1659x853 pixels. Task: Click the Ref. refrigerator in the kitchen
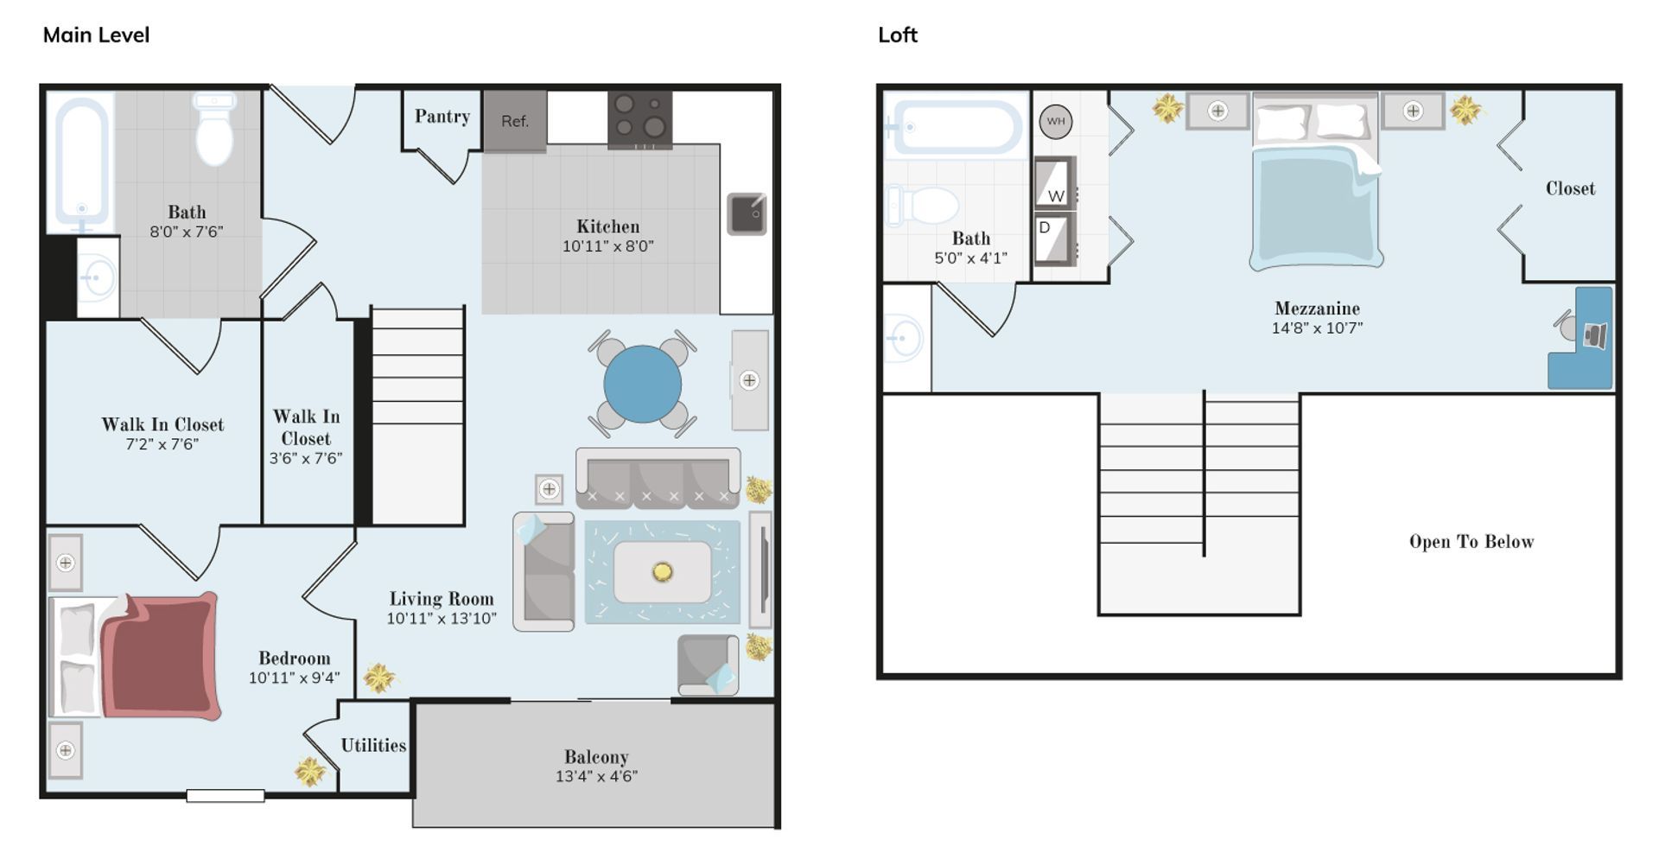tap(515, 121)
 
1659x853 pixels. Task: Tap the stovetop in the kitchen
tap(640, 119)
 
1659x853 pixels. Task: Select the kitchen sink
tap(747, 213)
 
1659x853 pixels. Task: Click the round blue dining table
tap(642, 384)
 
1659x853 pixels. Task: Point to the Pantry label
tap(442, 117)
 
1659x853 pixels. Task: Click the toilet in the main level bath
tap(214, 130)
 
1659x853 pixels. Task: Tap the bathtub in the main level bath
tap(82, 162)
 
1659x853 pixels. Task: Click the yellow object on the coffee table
tap(663, 571)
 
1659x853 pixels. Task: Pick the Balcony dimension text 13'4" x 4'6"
tap(596, 776)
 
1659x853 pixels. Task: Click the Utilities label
tap(373, 745)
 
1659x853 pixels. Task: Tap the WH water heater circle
tap(1056, 121)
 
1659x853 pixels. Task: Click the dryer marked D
tap(1055, 239)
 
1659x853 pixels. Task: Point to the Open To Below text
tap(1471, 542)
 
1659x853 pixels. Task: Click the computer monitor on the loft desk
tap(1595, 335)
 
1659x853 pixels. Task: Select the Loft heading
tap(898, 35)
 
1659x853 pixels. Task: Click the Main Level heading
tap(96, 35)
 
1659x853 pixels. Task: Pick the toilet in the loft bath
tap(923, 206)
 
